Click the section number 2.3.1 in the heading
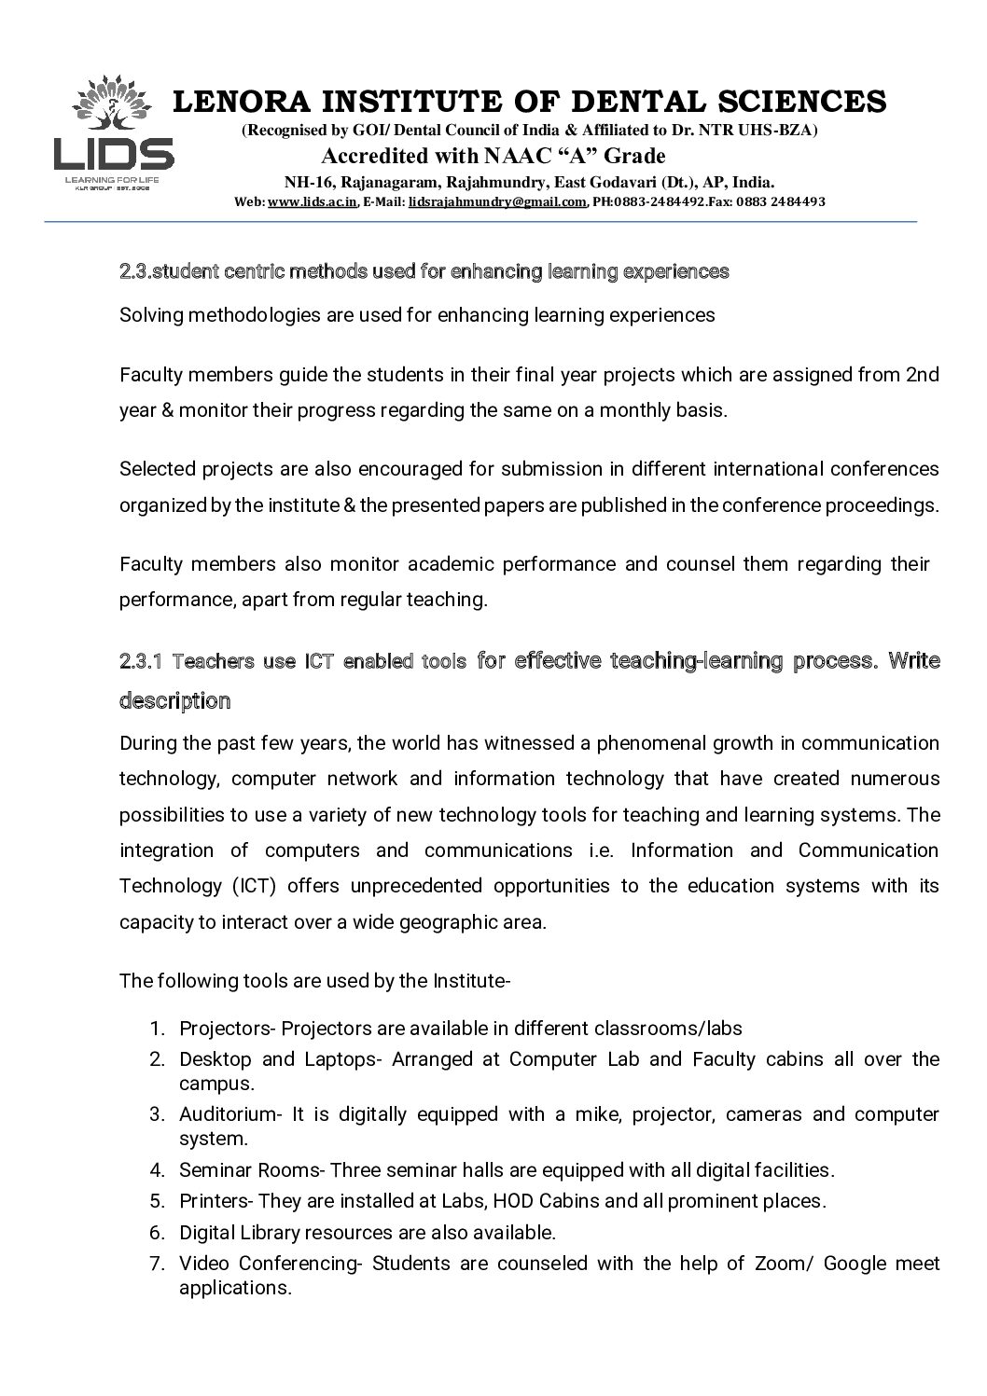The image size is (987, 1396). [x=142, y=661]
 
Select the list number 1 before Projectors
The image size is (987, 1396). [x=157, y=1029]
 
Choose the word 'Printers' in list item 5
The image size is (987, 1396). [x=214, y=1201]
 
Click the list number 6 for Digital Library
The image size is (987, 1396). [x=157, y=1233]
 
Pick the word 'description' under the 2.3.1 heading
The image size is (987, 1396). [x=174, y=700]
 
